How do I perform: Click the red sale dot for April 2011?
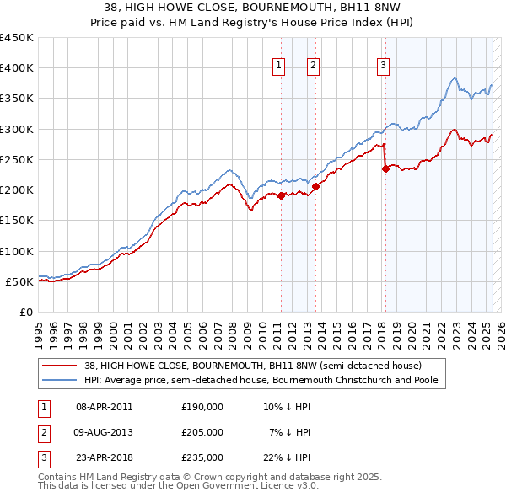point(281,196)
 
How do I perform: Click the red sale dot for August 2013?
point(315,187)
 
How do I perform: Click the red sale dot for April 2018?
point(385,168)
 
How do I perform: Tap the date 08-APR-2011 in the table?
point(104,407)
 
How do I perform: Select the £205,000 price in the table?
point(202,432)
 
